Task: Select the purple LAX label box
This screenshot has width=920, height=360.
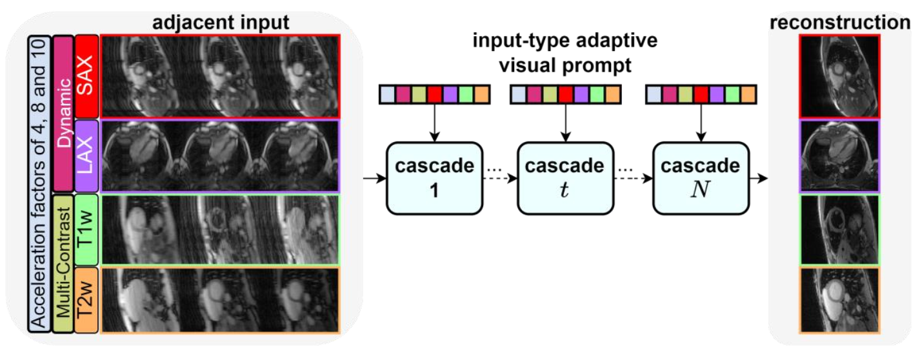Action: coord(86,155)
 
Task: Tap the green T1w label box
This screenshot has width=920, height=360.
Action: coord(86,230)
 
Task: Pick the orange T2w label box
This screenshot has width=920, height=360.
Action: coord(86,300)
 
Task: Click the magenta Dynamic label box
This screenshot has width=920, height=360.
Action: coord(63,113)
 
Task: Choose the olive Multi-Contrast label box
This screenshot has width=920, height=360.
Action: coord(63,265)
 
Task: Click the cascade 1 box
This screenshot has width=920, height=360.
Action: coord(429,177)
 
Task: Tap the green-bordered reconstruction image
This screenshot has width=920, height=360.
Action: coord(839,230)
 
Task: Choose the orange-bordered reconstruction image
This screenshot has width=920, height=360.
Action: coord(839,300)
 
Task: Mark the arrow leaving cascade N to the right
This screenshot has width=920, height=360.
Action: coord(758,177)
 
